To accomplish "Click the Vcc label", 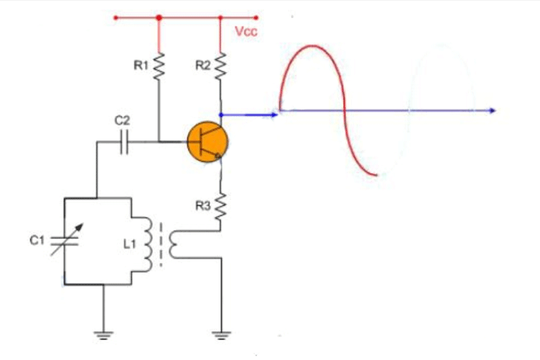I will click(x=246, y=32).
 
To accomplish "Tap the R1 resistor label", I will click(x=140, y=66).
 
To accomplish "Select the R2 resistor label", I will click(x=202, y=66).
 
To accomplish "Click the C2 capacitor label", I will click(x=121, y=120).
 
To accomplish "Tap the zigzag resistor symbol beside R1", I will click(x=159, y=67).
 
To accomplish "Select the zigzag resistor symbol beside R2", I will click(x=220, y=67).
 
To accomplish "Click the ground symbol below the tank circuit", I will click(x=103, y=334).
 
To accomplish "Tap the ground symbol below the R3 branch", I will click(x=220, y=334).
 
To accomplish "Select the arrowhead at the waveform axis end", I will click(x=492, y=111).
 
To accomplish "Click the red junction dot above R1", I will click(x=159, y=16).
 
